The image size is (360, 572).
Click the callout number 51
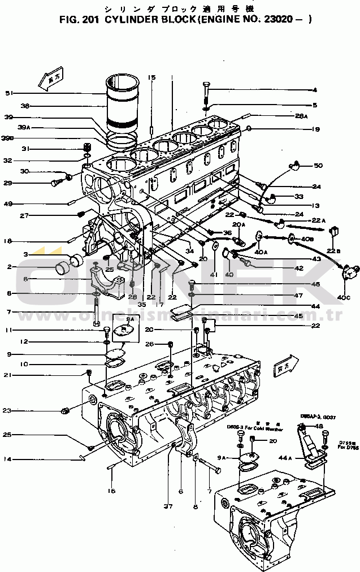[8, 93]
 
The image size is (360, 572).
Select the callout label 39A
[24, 128]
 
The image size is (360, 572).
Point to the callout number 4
[315, 90]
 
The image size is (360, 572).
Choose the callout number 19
[315, 129]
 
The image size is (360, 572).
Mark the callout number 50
[318, 166]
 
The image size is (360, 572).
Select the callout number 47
[315, 295]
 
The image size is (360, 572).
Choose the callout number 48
[320, 427]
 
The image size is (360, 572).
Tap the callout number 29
[8, 183]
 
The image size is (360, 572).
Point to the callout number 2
[9, 267]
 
